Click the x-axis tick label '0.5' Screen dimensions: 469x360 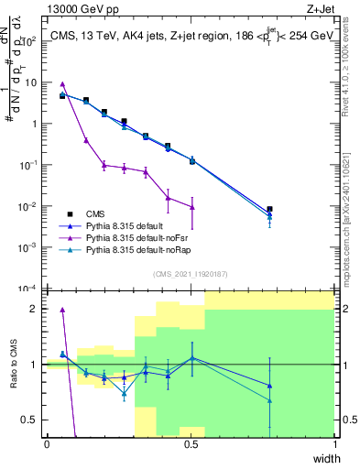click(x=191, y=444)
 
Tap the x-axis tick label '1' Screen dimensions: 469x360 click(x=334, y=444)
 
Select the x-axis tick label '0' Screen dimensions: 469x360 click(x=47, y=444)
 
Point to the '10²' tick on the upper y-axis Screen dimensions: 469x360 click(x=27, y=41)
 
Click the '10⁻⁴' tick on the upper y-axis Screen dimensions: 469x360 click(x=27, y=289)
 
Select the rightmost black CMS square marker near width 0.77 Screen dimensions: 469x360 click(x=269, y=210)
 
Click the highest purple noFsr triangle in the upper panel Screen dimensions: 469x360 click(x=62, y=84)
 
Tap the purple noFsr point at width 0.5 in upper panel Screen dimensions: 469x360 click(x=192, y=207)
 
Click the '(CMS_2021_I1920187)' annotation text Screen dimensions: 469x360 click(x=191, y=273)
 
